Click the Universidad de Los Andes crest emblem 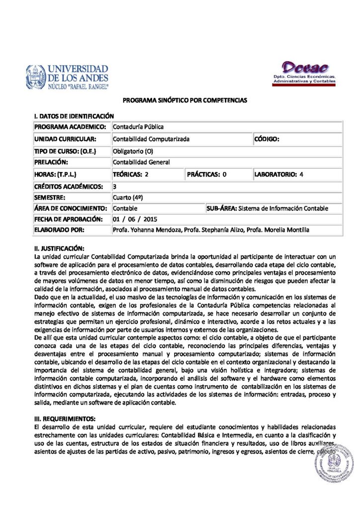(x=36, y=77)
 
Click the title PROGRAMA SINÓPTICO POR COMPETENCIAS (x=185, y=100)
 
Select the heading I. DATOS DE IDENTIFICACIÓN (x=70, y=116)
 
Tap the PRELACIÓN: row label (x=51, y=162)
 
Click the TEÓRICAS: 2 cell (x=131, y=174)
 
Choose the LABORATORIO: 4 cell (x=278, y=174)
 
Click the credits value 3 (x=115, y=186)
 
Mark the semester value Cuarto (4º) (x=128, y=197)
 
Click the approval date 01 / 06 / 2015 (x=135, y=219)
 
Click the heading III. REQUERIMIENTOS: (x=65, y=418)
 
